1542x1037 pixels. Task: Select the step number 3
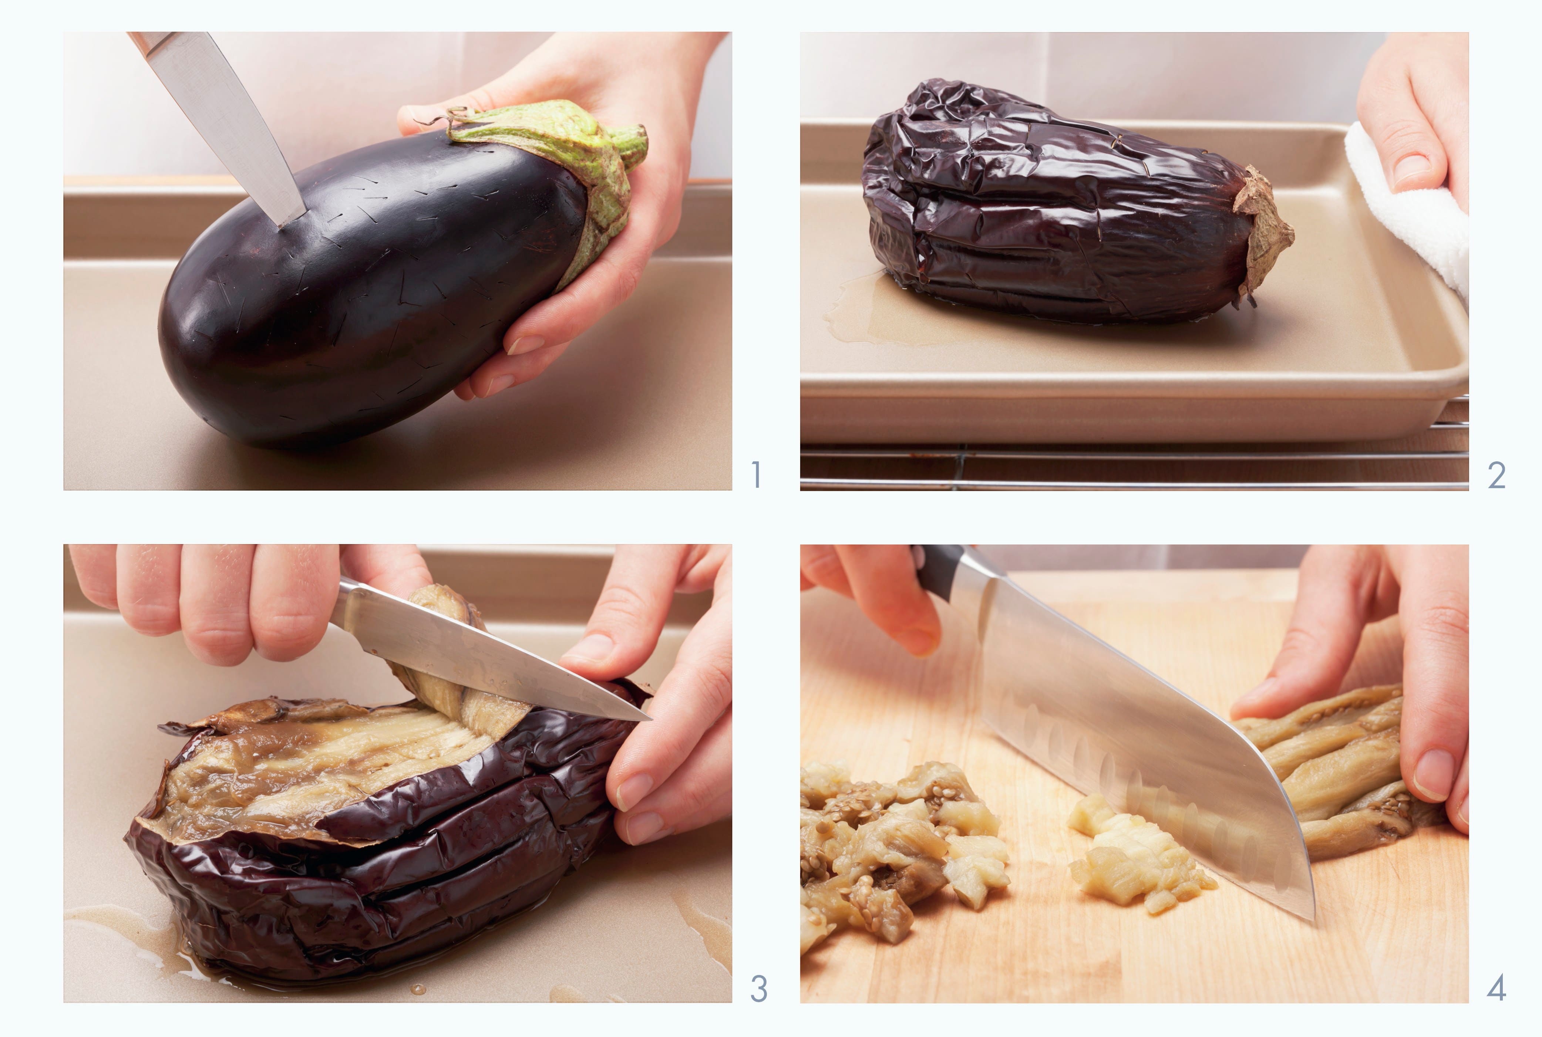(759, 989)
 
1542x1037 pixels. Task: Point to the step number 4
(1496, 989)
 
